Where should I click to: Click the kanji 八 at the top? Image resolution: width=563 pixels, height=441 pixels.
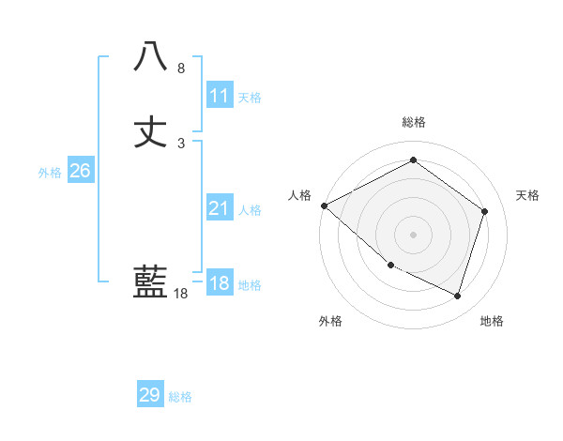pos(150,57)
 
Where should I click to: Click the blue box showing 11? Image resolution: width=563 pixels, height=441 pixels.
pos(220,96)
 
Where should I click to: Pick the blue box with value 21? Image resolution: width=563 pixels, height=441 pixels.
pos(220,208)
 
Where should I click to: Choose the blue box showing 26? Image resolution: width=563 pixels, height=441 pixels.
pos(80,171)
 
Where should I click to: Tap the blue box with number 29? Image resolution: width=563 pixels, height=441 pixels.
pos(150,395)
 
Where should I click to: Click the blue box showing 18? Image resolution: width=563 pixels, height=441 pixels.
pos(220,283)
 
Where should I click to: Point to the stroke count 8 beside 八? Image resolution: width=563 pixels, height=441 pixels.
pos(180,68)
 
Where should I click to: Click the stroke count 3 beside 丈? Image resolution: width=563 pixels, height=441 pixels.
pos(180,144)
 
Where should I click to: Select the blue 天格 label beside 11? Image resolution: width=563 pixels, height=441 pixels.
pos(250,98)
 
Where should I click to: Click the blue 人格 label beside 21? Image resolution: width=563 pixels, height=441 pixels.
pos(250,210)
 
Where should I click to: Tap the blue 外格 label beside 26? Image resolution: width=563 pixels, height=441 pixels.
pos(50,173)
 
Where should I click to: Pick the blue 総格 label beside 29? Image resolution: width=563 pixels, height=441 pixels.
pos(180,397)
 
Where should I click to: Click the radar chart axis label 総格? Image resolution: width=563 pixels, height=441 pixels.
pos(413,122)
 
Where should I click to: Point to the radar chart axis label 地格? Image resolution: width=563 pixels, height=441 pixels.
pos(492,321)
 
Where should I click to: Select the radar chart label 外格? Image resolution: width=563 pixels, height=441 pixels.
pos(330,321)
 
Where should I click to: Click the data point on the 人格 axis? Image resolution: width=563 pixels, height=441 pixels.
pos(324,205)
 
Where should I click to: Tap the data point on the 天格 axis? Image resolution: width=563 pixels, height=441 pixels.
pos(485,211)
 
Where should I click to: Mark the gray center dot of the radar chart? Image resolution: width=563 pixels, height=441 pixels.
pos(413,234)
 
